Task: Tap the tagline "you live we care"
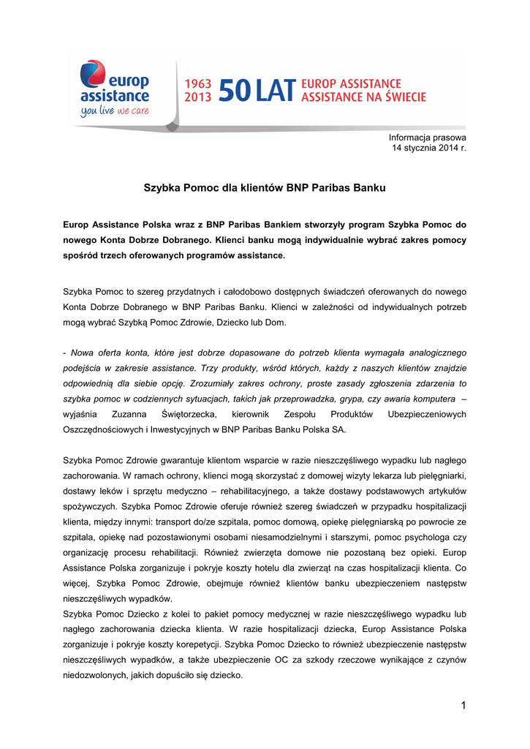[114, 111]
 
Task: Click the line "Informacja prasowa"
[428, 138]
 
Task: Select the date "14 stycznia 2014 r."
[429, 148]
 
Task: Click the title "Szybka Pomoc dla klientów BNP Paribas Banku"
[265, 188]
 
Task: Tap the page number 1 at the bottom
[463, 704]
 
